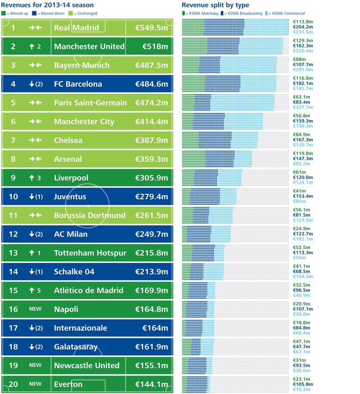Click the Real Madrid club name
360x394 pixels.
[x=76, y=28]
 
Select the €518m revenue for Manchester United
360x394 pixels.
[x=152, y=46]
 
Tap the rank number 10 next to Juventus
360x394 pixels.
[x=13, y=196]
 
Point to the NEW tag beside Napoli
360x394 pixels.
[x=35, y=309]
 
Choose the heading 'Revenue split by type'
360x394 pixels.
[x=215, y=5]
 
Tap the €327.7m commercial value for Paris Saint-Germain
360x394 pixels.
[x=302, y=107]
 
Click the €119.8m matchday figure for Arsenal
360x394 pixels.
[x=302, y=153]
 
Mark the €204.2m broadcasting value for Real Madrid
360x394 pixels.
[x=302, y=27]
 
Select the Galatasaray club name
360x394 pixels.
[x=76, y=347]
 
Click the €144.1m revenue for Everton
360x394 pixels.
[x=152, y=384]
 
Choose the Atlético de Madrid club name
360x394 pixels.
[x=88, y=290]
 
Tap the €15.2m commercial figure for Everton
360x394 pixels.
[x=301, y=389]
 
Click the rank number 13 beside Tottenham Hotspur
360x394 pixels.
[x=13, y=253]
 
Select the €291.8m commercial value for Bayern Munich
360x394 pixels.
[x=302, y=70]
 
